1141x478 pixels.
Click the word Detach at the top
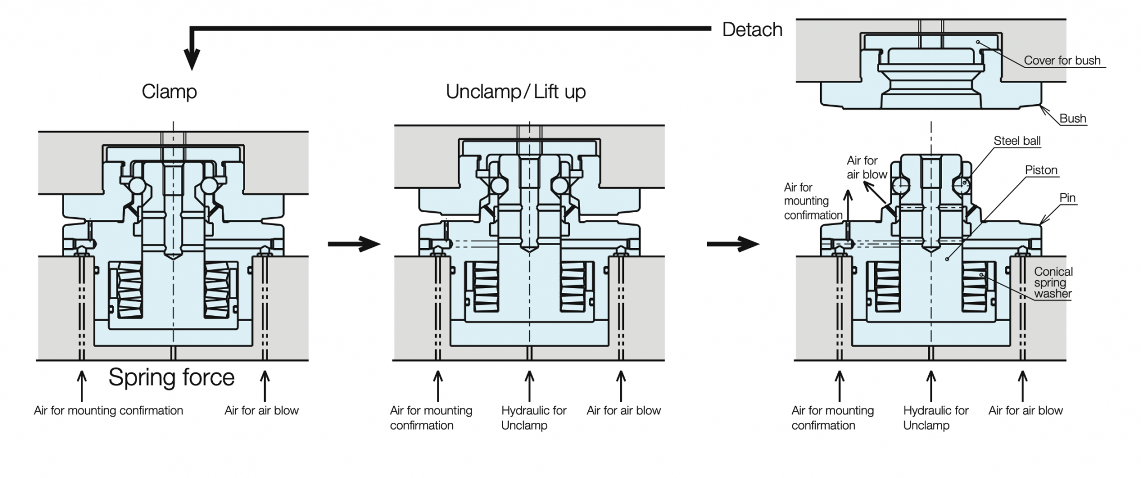[x=752, y=30]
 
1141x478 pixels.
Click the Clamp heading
[x=169, y=91]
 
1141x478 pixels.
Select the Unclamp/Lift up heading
[x=515, y=91]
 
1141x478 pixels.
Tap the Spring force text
[x=171, y=377]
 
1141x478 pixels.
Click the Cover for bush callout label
[x=1062, y=61]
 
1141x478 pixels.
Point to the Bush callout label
[x=1072, y=119]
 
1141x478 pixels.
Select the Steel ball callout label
[x=1017, y=141]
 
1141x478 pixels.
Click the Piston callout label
[x=1041, y=170]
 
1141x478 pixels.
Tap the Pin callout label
[x=1067, y=198]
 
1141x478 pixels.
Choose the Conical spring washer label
[x=1052, y=282]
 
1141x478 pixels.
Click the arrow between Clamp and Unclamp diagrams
[x=354, y=243]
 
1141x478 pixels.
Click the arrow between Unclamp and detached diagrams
[x=733, y=243]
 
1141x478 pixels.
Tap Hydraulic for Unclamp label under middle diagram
[x=533, y=418]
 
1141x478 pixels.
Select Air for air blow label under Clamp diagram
[x=261, y=411]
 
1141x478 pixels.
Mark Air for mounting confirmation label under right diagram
[x=832, y=418]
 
